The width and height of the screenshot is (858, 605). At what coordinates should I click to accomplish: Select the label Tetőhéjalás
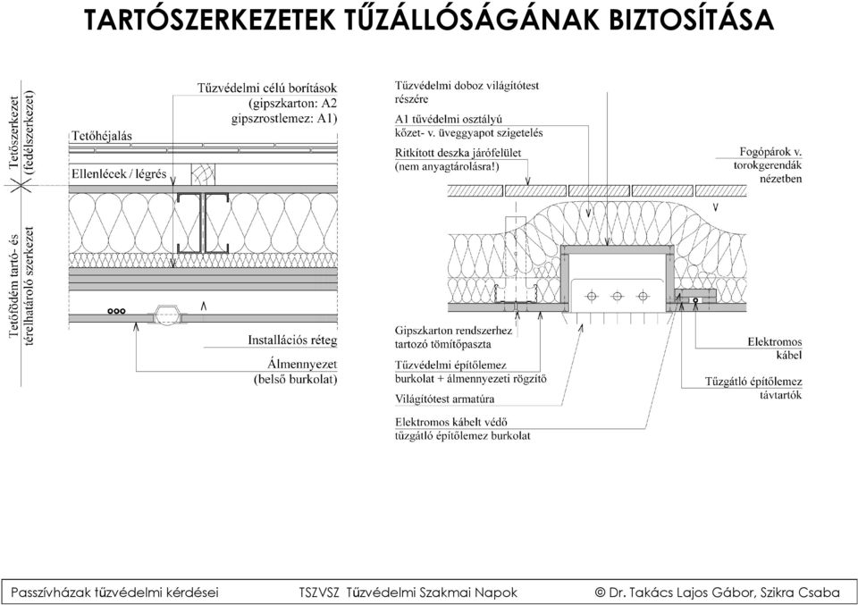coord(102,136)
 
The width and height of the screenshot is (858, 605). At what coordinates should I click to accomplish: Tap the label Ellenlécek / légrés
coord(119,174)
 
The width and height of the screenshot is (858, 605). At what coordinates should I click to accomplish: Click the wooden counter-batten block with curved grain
coord(203,174)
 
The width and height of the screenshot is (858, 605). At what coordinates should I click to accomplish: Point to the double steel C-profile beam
coord(202,223)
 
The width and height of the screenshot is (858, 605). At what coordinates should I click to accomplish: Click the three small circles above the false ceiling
coord(116,311)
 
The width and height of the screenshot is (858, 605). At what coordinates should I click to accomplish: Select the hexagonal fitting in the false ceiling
coord(165,316)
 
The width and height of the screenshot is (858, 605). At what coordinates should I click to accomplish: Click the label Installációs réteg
coord(292,340)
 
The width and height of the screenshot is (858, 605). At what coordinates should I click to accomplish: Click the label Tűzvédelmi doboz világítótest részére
coord(467,92)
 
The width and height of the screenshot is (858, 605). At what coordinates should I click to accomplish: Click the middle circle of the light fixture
coord(618,297)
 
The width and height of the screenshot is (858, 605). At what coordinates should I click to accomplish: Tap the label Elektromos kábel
coord(774,349)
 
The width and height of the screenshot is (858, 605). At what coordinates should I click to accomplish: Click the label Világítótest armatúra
coord(444,399)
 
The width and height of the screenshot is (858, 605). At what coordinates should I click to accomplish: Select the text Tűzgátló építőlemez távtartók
coord(753,389)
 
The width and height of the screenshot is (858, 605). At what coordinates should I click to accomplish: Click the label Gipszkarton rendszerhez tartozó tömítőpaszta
coord(453,338)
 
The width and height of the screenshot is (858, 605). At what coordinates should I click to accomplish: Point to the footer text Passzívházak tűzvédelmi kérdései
coord(114,592)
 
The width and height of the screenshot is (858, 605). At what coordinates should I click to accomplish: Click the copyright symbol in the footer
coord(600,592)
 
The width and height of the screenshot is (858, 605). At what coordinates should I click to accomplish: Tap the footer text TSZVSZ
coord(319,592)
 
